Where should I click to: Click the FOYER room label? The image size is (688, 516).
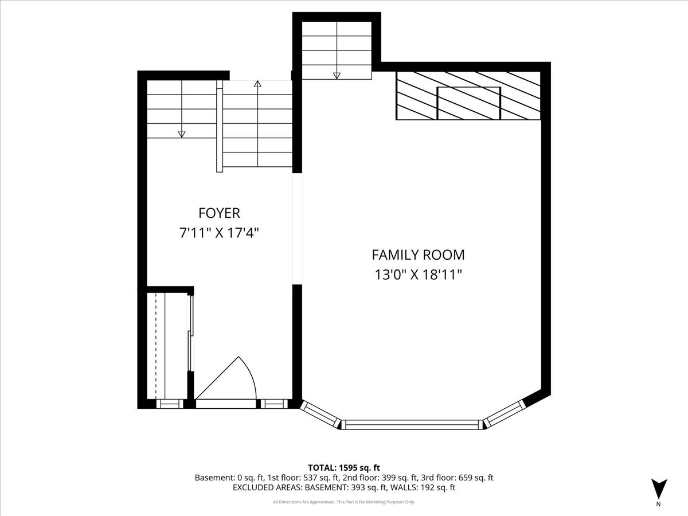click(219, 213)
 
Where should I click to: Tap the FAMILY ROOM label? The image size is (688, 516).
click(418, 255)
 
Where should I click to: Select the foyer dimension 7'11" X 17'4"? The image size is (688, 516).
click(219, 233)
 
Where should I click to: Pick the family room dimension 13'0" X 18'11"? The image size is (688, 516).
click(418, 275)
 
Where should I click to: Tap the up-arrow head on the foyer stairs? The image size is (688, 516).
click(257, 84)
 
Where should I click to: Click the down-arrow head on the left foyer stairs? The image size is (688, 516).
click(182, 134)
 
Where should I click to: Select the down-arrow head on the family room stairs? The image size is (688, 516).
click(337, 76)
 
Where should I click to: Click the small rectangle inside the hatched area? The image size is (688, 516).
click(469, 103)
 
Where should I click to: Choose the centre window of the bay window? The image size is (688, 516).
click(411, 424)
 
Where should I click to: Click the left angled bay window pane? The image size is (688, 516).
click(320, 415)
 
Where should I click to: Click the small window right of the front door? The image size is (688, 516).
click(274, 404)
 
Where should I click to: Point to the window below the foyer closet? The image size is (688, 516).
click(170, 404)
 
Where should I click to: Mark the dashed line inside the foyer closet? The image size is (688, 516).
click(156, 346)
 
